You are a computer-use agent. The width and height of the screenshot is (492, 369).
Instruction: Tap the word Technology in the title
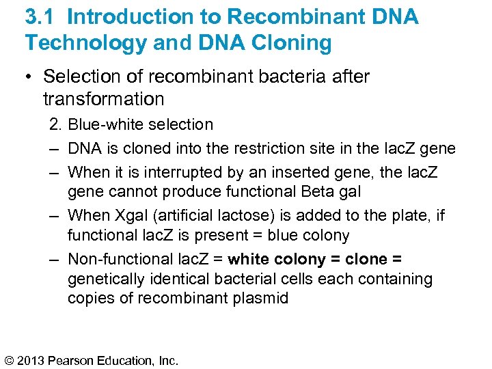point(85,43)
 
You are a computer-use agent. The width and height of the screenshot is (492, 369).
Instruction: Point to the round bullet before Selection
point(31,77)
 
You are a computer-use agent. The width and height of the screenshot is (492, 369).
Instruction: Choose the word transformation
point(103,99)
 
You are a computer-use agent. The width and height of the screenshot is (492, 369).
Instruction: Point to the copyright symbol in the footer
point(11,359)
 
